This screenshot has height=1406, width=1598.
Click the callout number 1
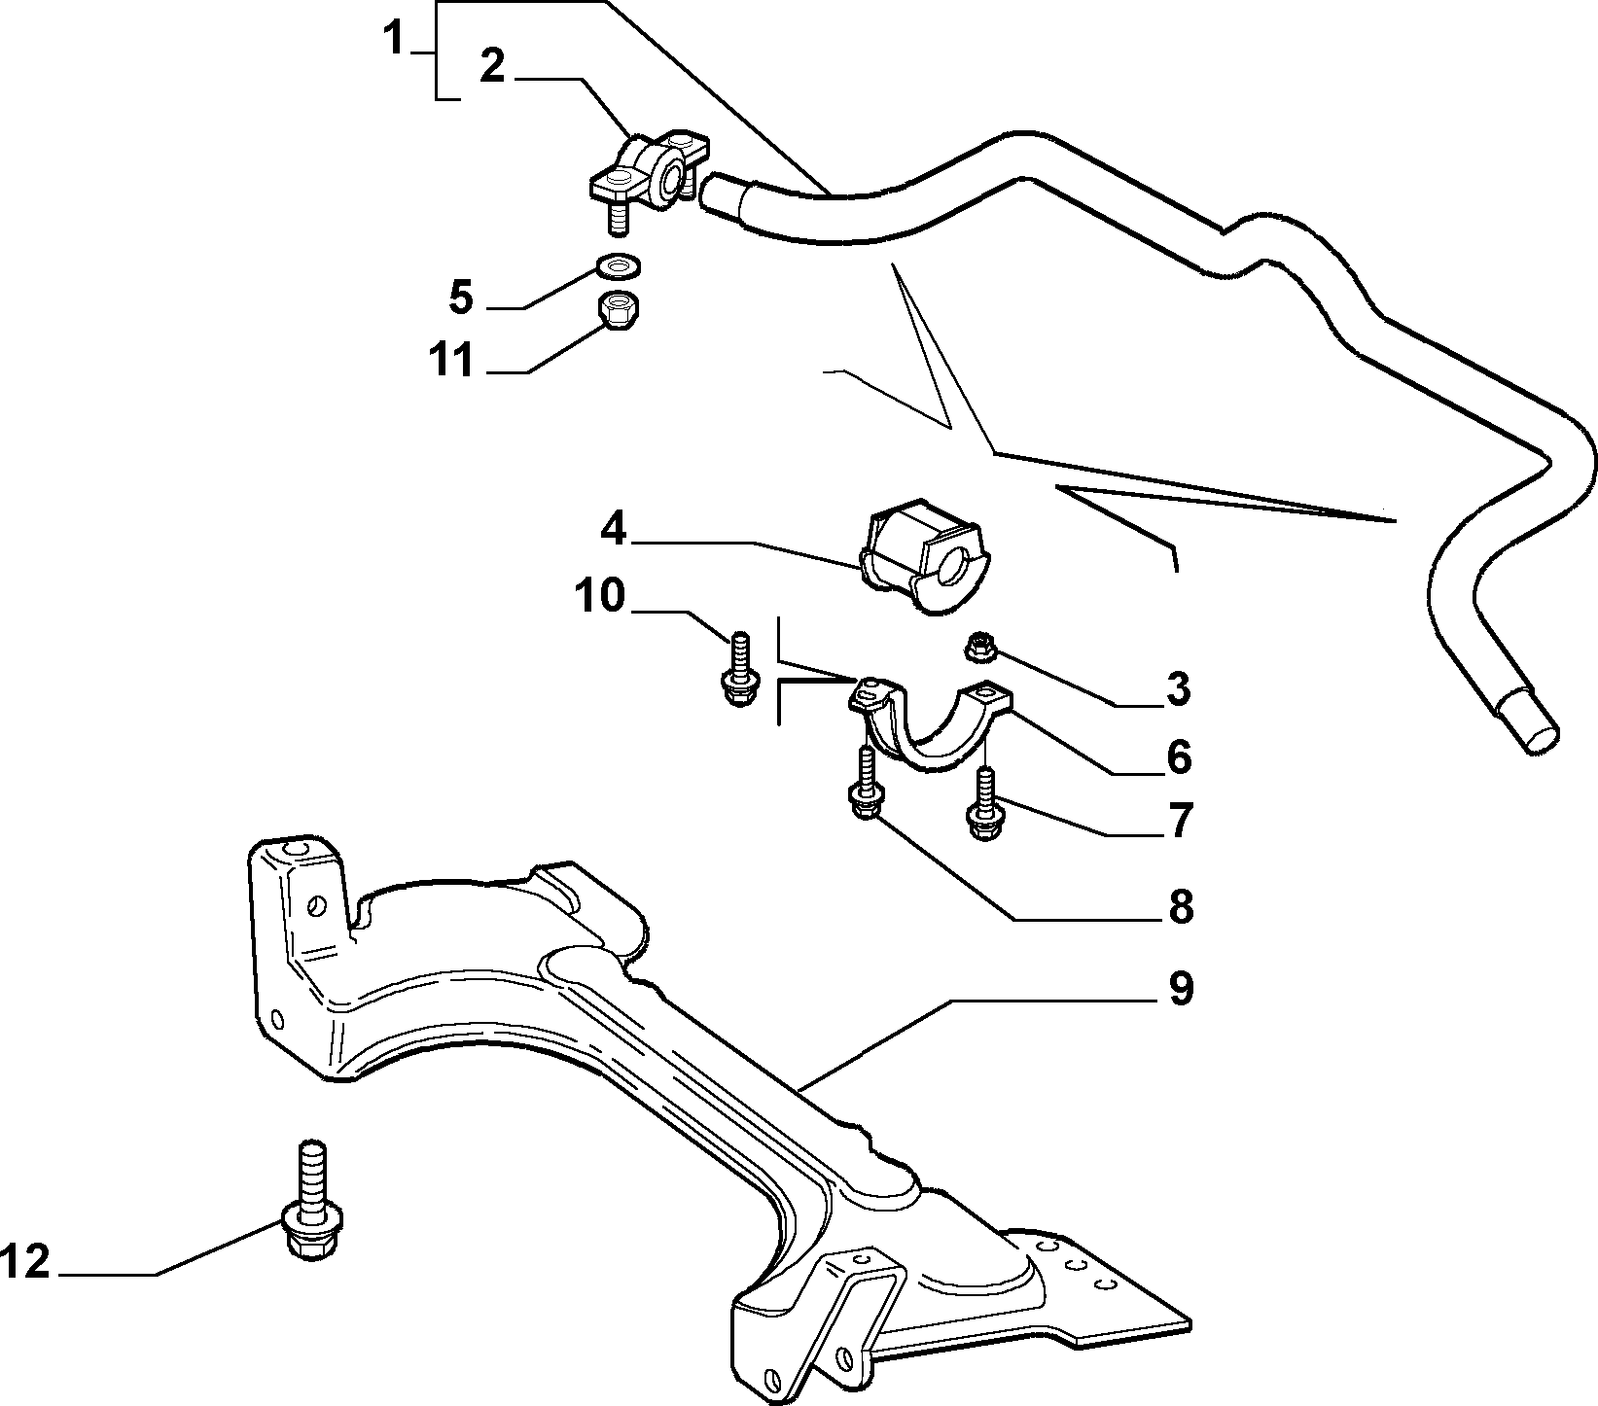393,42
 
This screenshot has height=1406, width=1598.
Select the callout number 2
493,66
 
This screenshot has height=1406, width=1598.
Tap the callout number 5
461,297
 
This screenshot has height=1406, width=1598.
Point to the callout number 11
451,359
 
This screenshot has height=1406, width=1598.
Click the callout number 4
614,529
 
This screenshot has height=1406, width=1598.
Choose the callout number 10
600,595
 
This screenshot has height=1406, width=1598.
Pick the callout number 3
1177,688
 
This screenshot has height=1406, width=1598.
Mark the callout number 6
1178,756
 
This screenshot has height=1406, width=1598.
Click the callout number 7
1179,821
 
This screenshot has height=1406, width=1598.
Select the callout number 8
1180,906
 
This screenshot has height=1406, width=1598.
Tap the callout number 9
1180,989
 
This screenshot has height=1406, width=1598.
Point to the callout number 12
24,1263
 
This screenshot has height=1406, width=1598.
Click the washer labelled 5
617,264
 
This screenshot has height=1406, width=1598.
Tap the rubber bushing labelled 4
921,557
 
